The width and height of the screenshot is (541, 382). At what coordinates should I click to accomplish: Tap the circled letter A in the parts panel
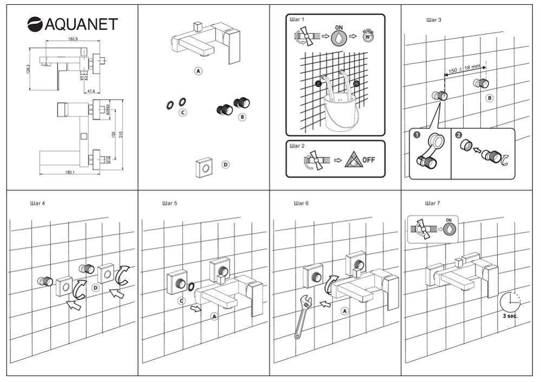tap(199, 71)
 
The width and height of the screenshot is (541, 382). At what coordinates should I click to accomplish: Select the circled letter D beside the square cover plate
tap(226, 164)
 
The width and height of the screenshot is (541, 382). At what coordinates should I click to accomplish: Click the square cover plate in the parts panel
tap(205, 169)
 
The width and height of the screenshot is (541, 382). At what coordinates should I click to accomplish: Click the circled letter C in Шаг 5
tap(182, 299)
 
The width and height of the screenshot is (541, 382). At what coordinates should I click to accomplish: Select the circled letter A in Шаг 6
tap(344, 311)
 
